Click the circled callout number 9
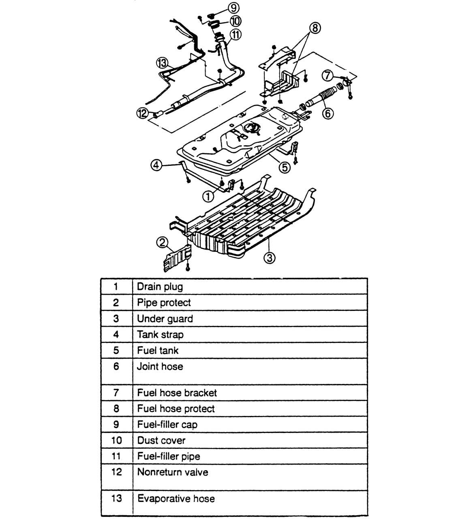click(x=233, y=7)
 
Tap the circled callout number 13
click(x=162, y=63)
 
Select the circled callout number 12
click(x=142, y=114)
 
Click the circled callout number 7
click(x=328, y=75)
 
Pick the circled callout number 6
click(x=328, y=114)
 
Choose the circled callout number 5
click(x=285, y=167)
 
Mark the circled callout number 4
click(x=156, y=165)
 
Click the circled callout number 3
click(x=270, y=257)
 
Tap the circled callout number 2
click(x=162, y=242)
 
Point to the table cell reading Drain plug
click(x=160, y=287)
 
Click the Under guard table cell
click(x=165, y=319)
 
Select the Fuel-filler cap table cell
click(x=167, y=424)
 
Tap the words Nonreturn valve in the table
click(x=173, y=472)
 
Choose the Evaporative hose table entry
click(x=176, y=499)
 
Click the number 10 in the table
click(x=116, y=440)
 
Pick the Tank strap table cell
click(x=160, y=334)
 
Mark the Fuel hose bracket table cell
click(x=177, y=393)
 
